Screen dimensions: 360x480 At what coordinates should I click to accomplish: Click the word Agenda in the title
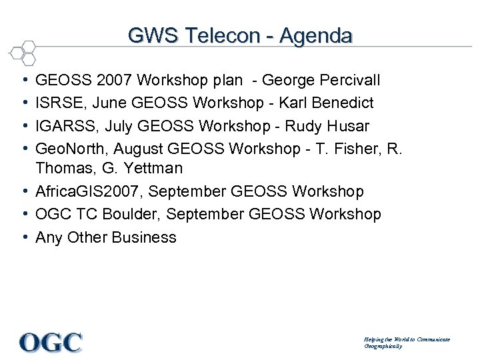(316, 35)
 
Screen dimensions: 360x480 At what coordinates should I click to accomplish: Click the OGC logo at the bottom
(51, 342)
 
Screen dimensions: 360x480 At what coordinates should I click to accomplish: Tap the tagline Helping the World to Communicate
(407, 339)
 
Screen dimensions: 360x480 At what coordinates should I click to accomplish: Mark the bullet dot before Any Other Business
(24, 237)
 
